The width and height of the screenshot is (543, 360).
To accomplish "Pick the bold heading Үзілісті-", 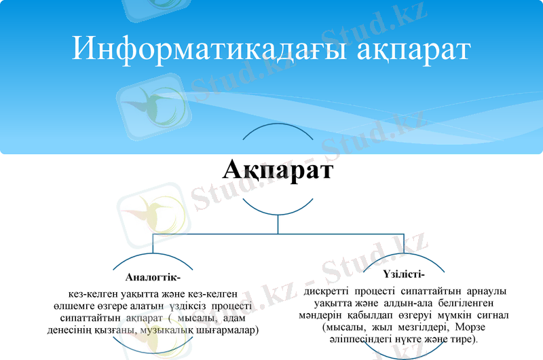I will (405, 275).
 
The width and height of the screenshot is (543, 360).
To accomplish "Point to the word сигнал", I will (495, 315).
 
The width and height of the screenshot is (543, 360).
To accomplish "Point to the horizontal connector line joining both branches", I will (278, 233).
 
